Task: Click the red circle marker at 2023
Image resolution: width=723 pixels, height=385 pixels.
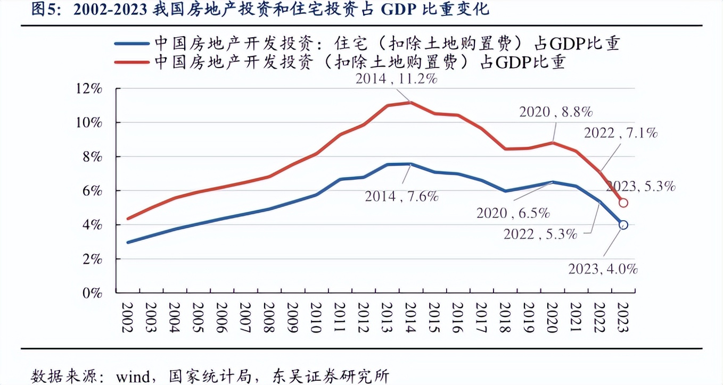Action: click(x=623, y=203)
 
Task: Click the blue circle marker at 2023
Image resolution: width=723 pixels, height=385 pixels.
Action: click(x=623, y=225)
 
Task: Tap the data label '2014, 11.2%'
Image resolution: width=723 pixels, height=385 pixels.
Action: click(x=396, y=79)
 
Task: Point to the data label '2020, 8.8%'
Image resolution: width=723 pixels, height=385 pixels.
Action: click(x=555, y=112)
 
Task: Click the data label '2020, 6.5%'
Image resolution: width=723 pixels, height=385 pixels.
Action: click(x=512, y=213)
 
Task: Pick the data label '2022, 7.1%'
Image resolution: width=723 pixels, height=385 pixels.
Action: click(x=620, y=133)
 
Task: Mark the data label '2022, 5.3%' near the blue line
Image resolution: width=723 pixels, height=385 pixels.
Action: click(x=540, y=233)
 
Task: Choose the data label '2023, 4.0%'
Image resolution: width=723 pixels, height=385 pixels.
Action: click(x=603, y=269)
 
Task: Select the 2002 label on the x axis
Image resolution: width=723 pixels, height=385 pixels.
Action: click(x=127, y=318)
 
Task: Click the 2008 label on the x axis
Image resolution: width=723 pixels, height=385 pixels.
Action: click(x=269, y=318)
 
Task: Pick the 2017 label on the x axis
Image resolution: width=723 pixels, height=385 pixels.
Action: click(x=481, y=318)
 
